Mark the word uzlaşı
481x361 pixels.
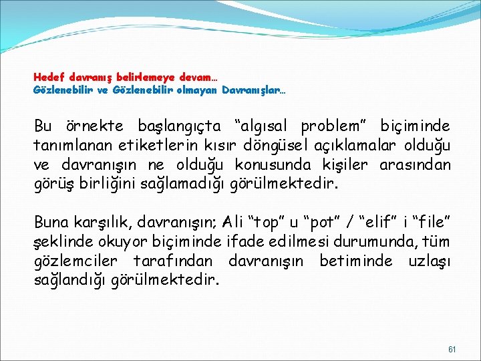point(429,259)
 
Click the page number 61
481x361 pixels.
point(451,349)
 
